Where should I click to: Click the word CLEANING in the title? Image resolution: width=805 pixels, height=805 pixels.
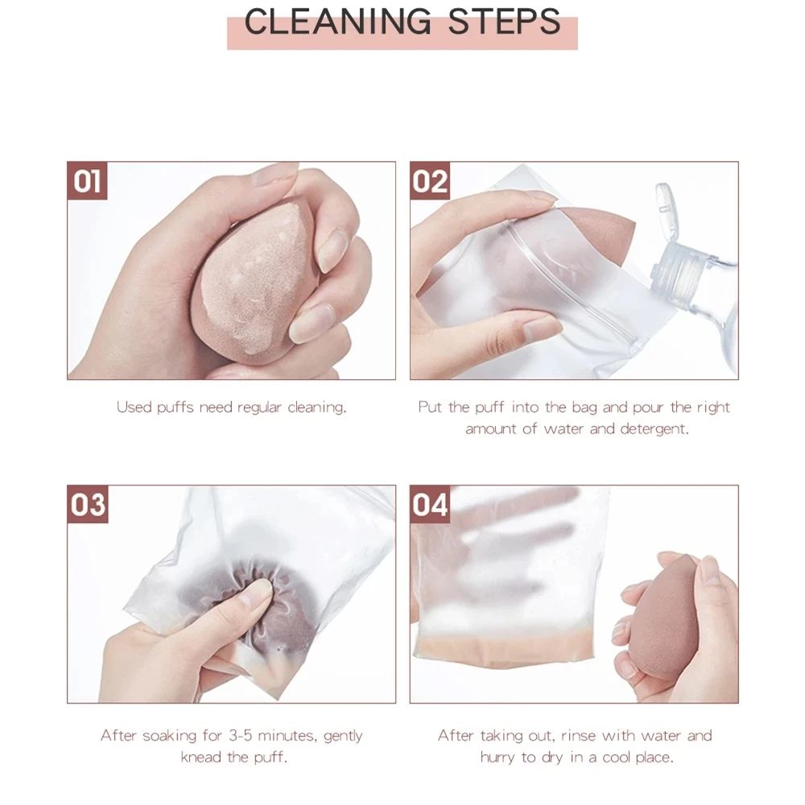338,22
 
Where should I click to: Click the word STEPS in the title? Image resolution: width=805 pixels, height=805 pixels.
504,22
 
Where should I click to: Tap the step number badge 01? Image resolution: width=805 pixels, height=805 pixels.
87,180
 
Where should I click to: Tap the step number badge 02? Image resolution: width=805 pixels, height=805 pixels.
430,180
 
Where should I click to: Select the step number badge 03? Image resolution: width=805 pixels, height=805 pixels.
88,504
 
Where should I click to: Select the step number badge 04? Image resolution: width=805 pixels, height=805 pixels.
430,504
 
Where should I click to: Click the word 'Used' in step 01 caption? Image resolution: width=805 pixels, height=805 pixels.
134,407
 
